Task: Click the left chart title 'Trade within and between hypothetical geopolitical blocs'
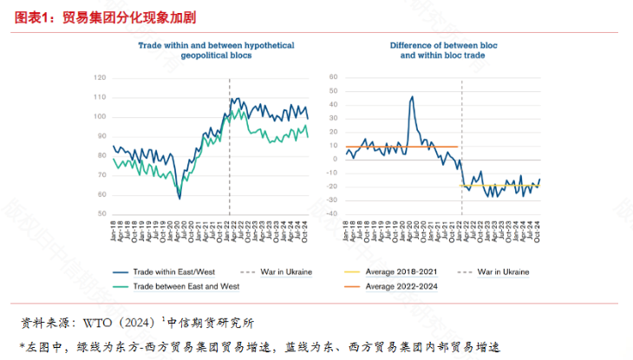[216, 49]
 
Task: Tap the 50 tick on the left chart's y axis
[101, 213]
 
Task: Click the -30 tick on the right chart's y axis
[330, 200]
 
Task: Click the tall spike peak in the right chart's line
[411, 96]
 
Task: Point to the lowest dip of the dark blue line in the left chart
[179, 199]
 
